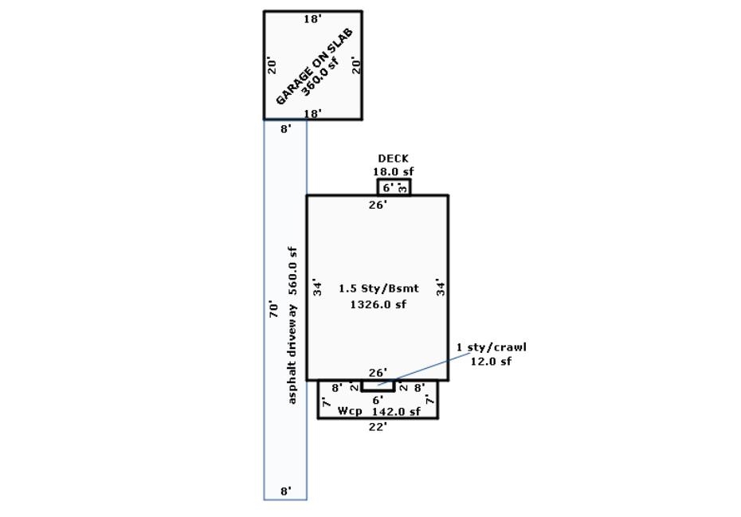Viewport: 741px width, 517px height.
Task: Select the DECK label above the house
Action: click(393, 159)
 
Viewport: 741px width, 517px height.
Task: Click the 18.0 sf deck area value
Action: click(393, 171)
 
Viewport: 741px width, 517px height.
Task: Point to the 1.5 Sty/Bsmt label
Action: click(378, 288)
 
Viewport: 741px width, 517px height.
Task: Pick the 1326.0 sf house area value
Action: click(378, 304)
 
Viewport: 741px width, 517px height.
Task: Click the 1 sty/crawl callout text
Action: click(491, 347)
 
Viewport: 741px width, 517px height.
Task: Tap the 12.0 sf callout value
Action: click(491, 361)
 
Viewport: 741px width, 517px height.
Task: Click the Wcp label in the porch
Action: click(350, 411)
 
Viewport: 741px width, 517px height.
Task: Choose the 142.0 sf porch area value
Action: click(396, 411)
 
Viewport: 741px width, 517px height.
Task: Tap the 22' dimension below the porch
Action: click(378, 427)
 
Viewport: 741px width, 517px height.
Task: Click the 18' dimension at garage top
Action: click(312, 19)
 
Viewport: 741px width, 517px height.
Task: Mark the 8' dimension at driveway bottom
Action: click(285, 492)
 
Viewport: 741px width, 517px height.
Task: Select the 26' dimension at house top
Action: click(378, 205)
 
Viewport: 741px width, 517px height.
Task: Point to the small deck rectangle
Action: click(394, 187)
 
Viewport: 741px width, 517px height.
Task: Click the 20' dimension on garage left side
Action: click(272, 65)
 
